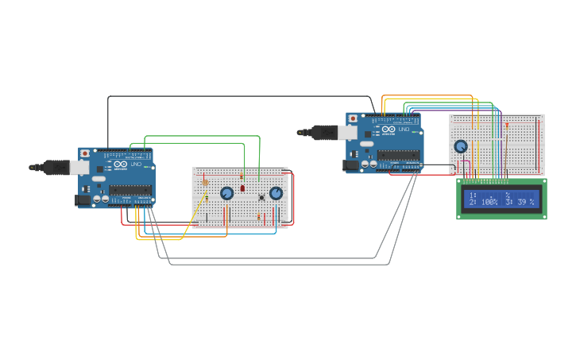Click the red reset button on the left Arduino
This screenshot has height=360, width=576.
point(85,153)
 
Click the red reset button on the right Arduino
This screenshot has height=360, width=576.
point(353,118)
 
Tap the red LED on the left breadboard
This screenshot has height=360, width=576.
point(242,188)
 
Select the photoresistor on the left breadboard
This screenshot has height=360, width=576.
point(206,183)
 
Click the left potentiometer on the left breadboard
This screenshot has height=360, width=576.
point(226,192)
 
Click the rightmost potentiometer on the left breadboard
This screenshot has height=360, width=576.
point(276,192)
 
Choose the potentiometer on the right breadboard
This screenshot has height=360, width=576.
point(461,146)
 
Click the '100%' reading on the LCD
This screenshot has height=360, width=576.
point(489,203)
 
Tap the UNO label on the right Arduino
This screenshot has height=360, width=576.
point(404,129)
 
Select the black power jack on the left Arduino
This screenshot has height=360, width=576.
point(83,201)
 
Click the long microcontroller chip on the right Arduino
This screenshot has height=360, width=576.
point(397,154)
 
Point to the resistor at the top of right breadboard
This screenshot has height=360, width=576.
point(506,124)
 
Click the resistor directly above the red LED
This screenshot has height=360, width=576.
point(242,176)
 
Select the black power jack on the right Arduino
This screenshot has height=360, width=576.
point(350,165)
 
